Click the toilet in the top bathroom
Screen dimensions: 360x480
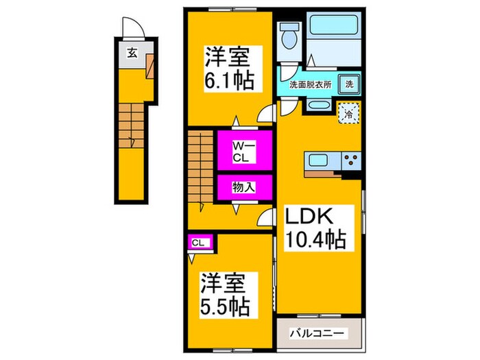point(289,34)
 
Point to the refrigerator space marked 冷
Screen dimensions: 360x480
point(349,112)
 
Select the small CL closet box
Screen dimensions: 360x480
point(199,241)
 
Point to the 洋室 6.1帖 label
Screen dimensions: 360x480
point(229,68)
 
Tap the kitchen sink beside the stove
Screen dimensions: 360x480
point(319,162)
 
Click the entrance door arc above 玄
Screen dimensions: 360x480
point(132,29)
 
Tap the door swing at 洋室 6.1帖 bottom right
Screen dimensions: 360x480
point(265,116)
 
